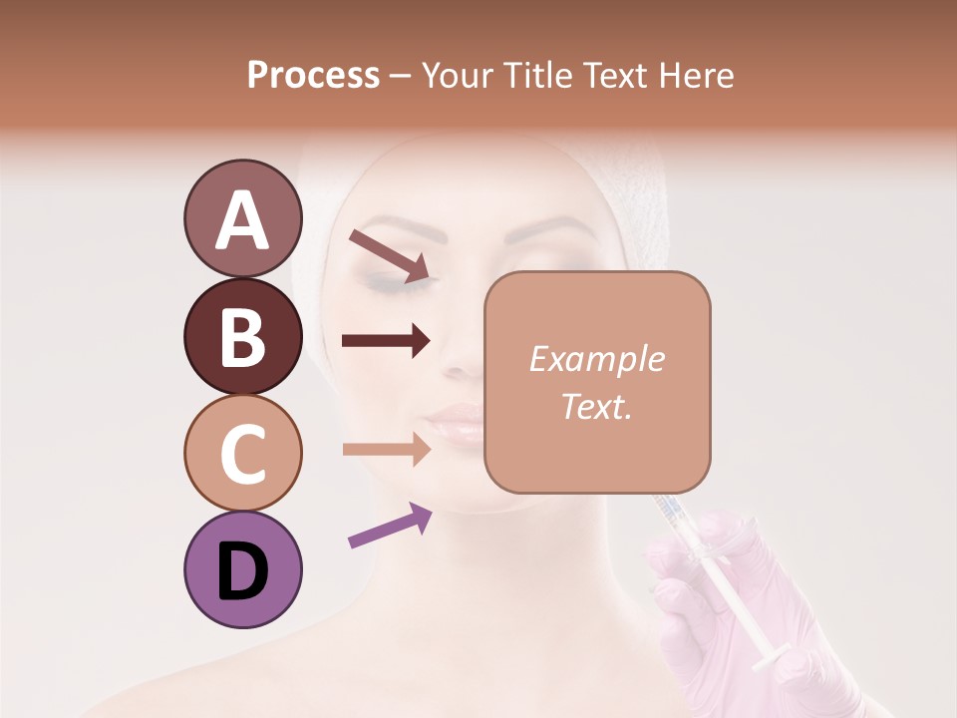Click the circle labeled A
pyautogui.click(x=242, y=219)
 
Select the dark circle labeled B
pyautogui.click(x=242, y=336)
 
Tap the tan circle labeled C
pyautogui.click(x=242, y=453)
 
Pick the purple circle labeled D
pyautogui.click(x=242, y=569)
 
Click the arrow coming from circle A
pyautogui.click(x=389, y=254)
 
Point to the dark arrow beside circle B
pyautogui.click(x=386, y=340)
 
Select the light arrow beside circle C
pyautogui.click(x=386, y=449)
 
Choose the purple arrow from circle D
pyautogui.click(x=389, y=527)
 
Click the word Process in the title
pyautogui.click(x=313, y=75)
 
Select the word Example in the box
pyautogui.click(x=596, y=359)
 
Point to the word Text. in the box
pyautogui.click(x=596, y=406)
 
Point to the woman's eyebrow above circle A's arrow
pyautogui.click(x=384, y=228)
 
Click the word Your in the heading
pyautogui.click(x=460, y=75)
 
